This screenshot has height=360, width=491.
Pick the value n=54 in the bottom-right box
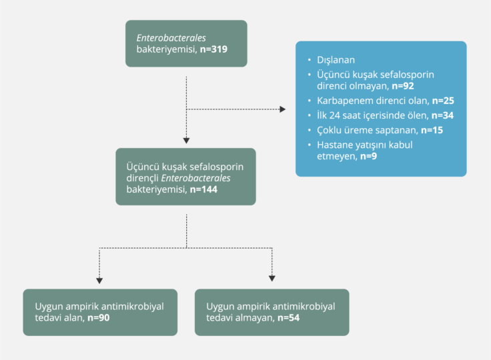290,318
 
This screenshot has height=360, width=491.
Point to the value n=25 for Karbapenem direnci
444,100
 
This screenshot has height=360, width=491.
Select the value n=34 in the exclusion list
443,115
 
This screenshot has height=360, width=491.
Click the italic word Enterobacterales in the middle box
198,177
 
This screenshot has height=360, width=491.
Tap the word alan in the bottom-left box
73,318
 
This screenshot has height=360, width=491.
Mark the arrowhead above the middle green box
186,140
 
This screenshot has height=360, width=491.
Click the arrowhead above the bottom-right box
272,278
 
